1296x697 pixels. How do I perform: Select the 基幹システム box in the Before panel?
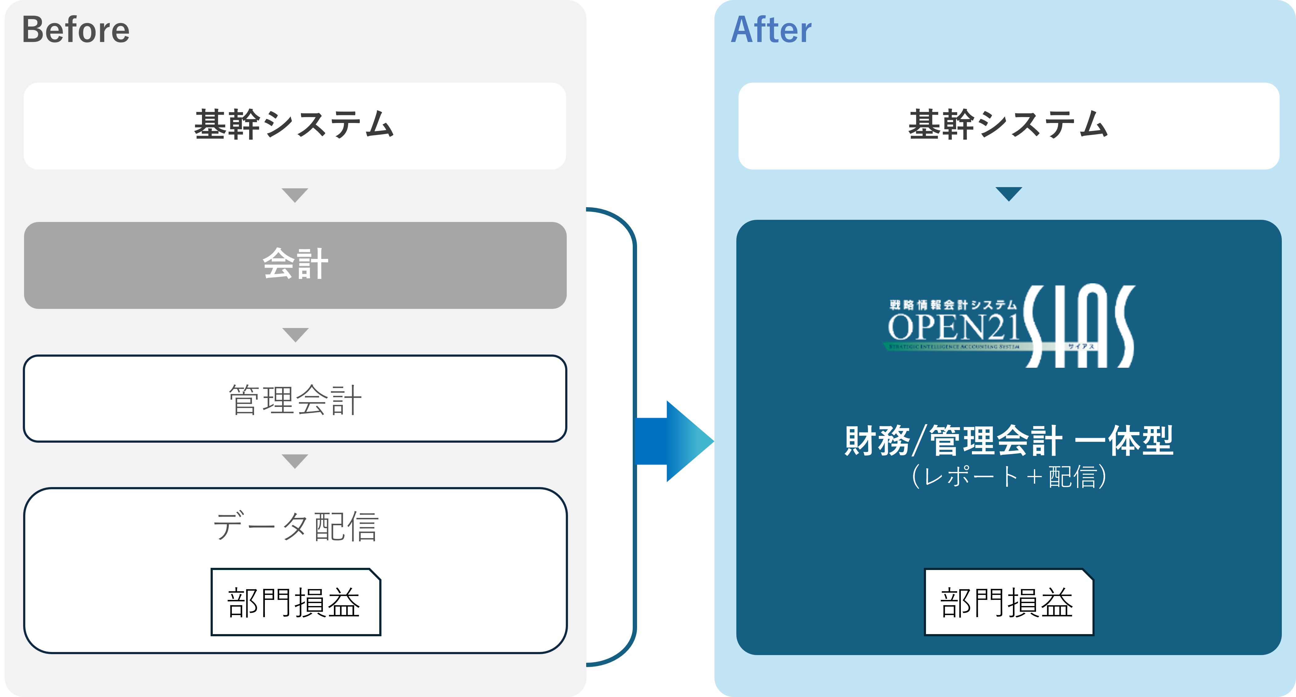pyautogui.click(x=295, y=126)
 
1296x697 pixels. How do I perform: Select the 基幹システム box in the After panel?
pyautogui.click(x=1008, y=126)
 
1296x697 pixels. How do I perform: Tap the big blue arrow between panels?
pyautogui.click(x=674, y=441)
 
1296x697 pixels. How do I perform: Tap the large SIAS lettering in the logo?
pyautogui.click(x=1079, y=326)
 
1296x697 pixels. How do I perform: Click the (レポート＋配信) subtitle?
pyautogui.click(x=1008, y=477)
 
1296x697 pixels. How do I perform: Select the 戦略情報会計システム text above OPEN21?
pyautogui.click(x=953, y=305)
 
